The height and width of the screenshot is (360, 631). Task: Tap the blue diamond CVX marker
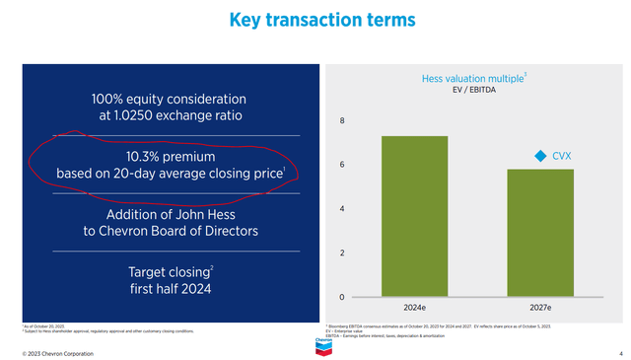coord(539,156)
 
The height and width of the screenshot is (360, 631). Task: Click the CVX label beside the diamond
coord(563,156)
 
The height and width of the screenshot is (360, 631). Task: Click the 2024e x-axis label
coord(414,307)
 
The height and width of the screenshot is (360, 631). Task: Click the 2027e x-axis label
coord(540,307)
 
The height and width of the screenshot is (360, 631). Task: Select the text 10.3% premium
coord(170,156)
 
